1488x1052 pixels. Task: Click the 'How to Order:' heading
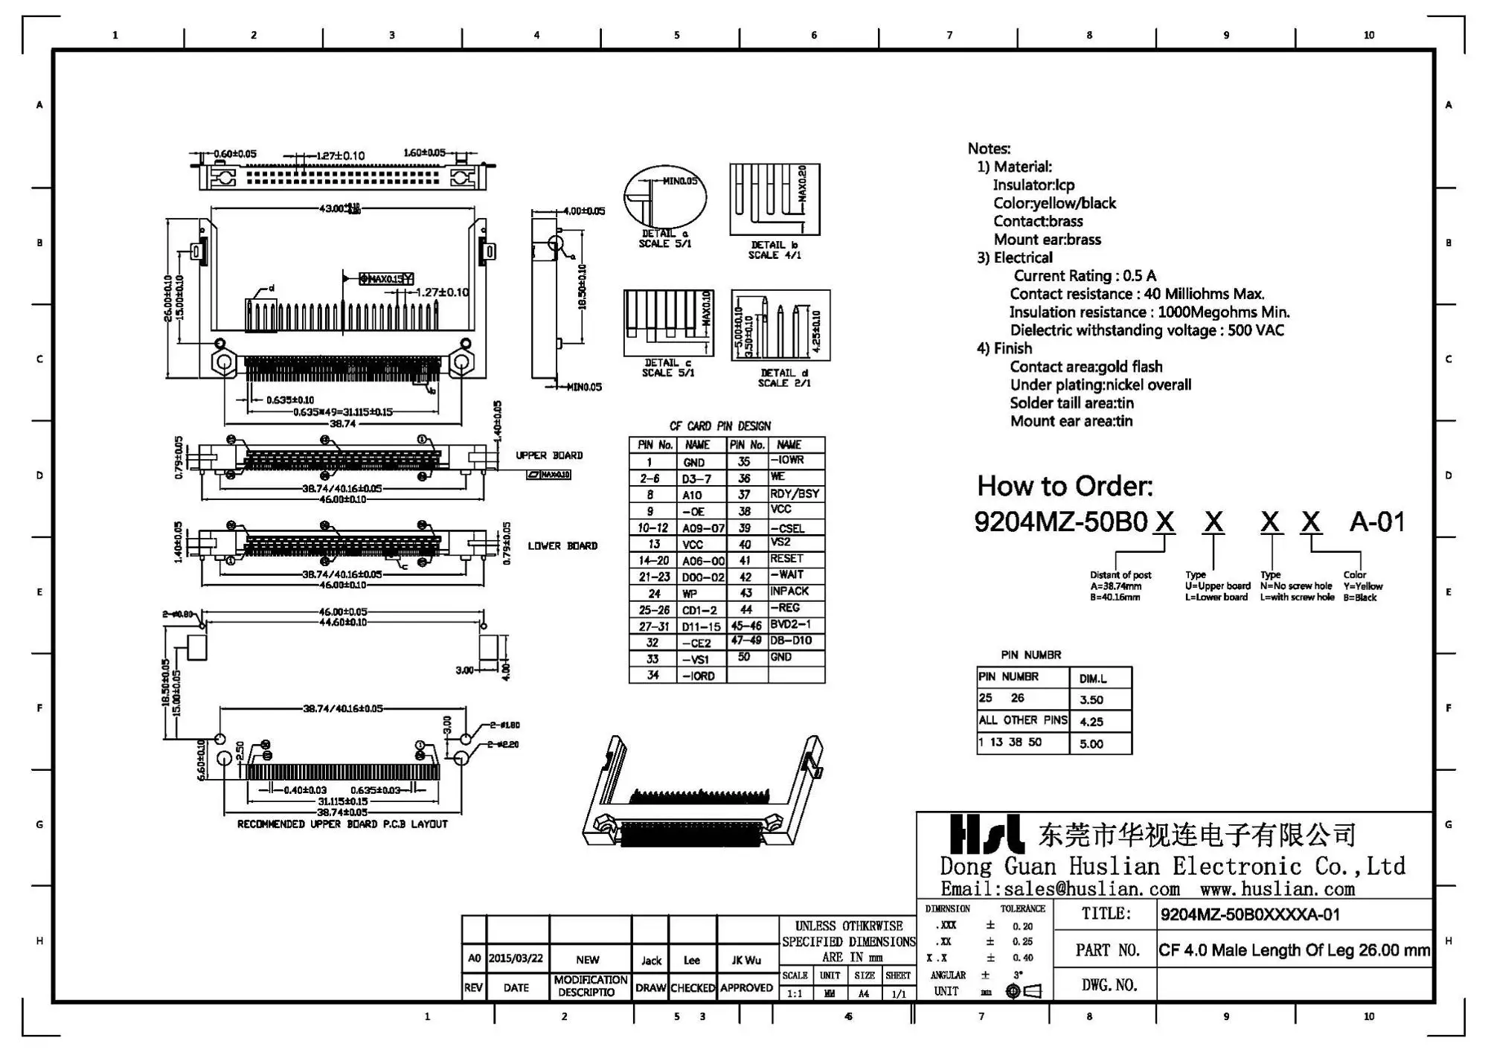[x=1064, y=487]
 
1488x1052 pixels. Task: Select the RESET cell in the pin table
[x=786, y=559]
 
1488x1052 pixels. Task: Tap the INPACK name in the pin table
[x=789, y=591]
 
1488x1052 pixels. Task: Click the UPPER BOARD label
[x=549, y=455]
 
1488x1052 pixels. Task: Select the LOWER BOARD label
[x=562, y=546]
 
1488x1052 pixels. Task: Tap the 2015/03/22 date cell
[x=516, y=959]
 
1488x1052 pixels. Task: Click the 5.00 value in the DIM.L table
[x=1091, y=744]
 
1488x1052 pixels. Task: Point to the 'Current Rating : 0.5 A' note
[x=1085, y=276]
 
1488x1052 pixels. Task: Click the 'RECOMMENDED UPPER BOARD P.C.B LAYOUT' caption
[x=342, y=824]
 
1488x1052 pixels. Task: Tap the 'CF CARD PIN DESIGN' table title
[x=719, y=426]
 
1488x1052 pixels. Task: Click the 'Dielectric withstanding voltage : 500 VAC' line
[x=1147, y=330]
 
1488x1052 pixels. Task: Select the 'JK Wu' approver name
[x=745, y=960]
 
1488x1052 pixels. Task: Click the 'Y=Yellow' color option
[x=1362, y=586]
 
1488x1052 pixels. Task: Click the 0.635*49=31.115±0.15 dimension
[x=342, y=411]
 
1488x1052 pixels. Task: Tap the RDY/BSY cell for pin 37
[x=794, y=494]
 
